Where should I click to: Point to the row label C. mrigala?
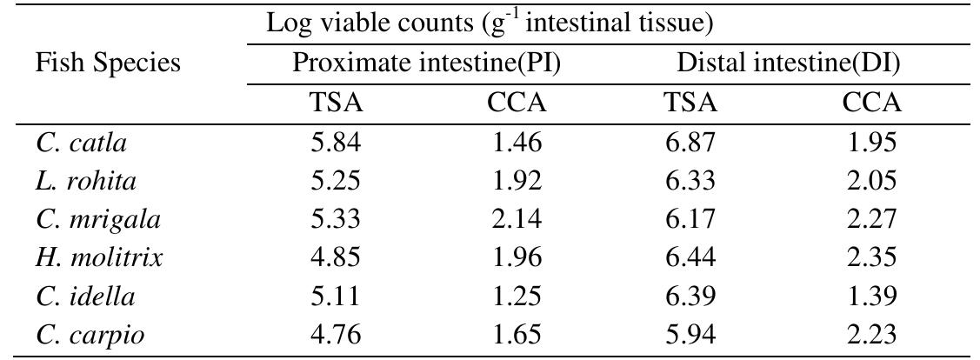tap(98, 220)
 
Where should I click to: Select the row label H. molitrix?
tap(100, 257)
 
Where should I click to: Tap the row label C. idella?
tap(86, 296)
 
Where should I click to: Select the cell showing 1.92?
tap(517, 182)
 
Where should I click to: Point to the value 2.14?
tap(517, 220)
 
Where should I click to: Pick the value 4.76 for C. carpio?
tap(337, 334)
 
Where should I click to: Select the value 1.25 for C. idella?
tap(517, 296)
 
